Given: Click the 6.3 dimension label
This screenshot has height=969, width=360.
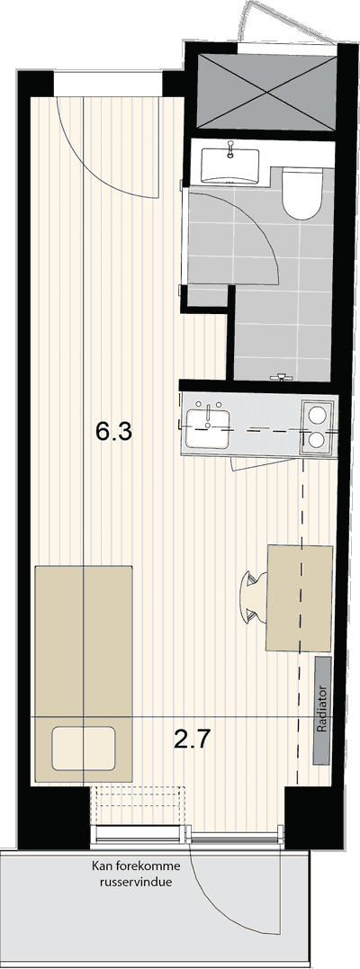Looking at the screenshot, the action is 113,431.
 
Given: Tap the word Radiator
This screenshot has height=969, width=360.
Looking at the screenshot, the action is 321,709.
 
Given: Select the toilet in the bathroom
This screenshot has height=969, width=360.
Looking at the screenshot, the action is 302,193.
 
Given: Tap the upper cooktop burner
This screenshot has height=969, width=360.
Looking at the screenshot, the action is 316,414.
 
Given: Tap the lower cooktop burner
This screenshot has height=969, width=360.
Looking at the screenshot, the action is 316,441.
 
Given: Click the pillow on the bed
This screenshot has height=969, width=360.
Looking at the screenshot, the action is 84,748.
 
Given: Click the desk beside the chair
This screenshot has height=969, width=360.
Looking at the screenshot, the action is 300,598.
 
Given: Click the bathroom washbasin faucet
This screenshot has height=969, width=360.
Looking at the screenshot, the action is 230,149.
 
